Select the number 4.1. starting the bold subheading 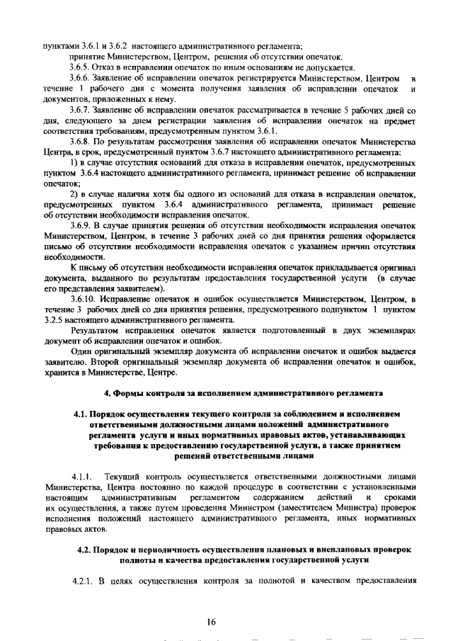click(x=83, y=413)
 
